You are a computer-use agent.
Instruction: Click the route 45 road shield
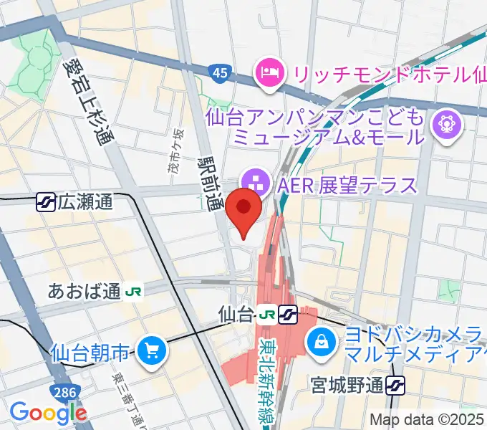pyautogui.click(x=220, y=72)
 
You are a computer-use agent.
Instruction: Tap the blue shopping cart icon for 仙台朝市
pyautogui.click(x=152, y=350)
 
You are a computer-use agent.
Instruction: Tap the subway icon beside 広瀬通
pyautogui.click(x=46, y=203)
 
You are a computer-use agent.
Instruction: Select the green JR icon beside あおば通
pyautogui.click(x=134, y=291)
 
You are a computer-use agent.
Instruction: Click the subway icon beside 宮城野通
pyautogui.click(x=395, y=387)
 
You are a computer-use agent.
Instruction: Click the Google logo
pyautogui.click(x=48, y=412)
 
